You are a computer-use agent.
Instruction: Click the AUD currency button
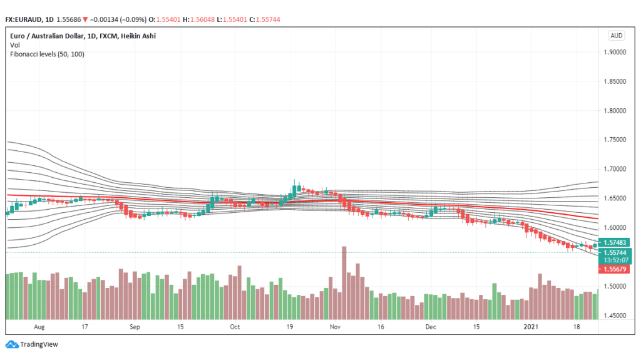point(616,36)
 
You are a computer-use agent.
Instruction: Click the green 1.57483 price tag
point(616,242)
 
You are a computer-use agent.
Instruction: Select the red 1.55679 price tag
point(616,269)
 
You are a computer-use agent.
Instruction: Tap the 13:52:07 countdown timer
point(616,259)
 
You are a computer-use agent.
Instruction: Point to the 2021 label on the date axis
point(531,327)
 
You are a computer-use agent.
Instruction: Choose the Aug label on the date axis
point(39,327)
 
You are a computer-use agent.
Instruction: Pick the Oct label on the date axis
point(235,327)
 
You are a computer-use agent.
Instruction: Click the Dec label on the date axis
point(431,327)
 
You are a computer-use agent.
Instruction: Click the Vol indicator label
point(14,45)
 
